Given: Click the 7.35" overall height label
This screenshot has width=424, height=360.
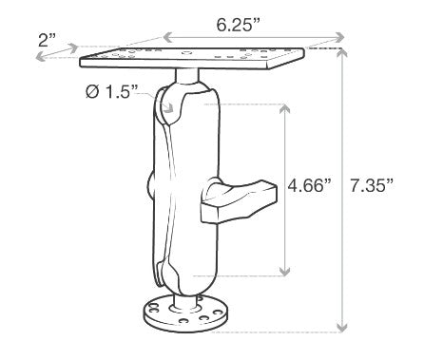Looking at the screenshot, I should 374,186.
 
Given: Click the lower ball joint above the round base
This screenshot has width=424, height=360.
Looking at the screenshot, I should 181,277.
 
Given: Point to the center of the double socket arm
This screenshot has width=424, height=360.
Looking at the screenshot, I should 181,185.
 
